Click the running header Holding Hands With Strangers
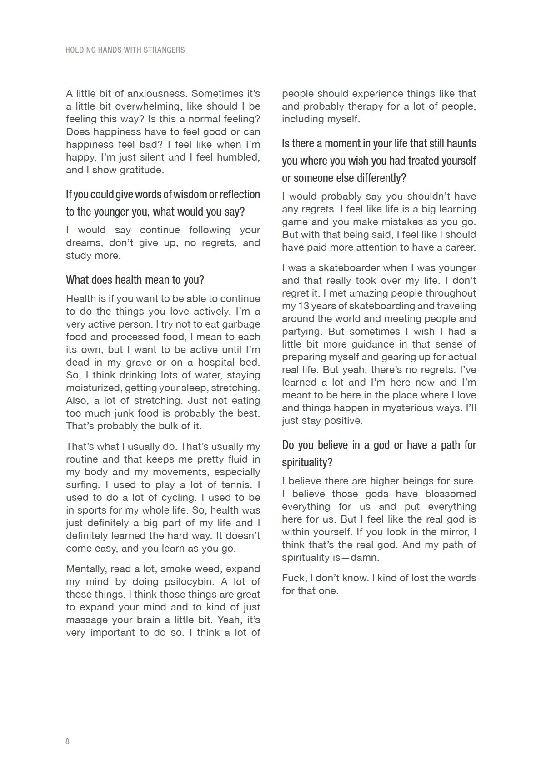coord(125,50)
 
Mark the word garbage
coord(239,324)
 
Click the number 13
coord(303,306)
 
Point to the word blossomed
coord(451,494)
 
